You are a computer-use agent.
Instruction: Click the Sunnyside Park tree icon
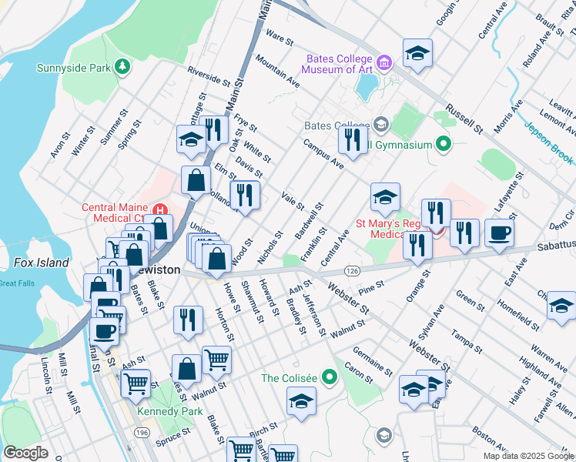(x=122, y=68)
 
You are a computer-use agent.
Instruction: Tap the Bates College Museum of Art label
(x=337, y=64)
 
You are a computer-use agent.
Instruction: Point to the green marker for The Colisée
(x=330, y=377)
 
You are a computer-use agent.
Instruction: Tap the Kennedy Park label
(x=163, y=412)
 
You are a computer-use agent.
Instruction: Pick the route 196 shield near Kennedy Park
(x=143, y=434)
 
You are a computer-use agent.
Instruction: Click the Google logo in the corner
(x=26, y=453)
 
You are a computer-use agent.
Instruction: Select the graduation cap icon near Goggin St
(x=417, y=52)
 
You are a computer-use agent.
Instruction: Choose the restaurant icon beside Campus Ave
(x=353, y=139)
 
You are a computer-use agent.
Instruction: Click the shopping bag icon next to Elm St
(x=196, y=180)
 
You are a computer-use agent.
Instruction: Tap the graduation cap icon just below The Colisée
(x=301, y=400)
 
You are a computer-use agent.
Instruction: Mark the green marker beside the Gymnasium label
(x=443, y=144)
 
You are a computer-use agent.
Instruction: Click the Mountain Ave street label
(x=278, y=70)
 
